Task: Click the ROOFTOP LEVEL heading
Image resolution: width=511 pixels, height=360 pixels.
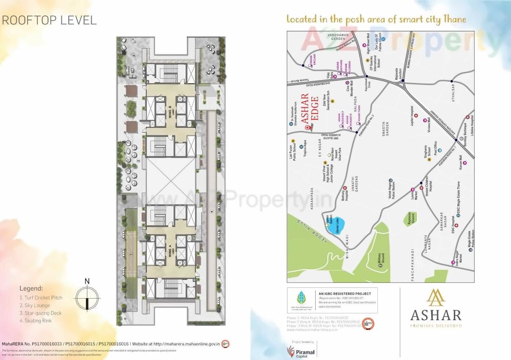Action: (x=49, y=20)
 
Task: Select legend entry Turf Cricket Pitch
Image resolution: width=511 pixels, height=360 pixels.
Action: (x=41, y=297)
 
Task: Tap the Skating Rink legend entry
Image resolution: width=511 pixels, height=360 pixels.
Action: (x=35, y=321)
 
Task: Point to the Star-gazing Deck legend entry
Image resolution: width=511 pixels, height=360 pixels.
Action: (x=40, y=313)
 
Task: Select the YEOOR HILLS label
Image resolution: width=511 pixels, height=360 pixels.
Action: (x=316, y=232)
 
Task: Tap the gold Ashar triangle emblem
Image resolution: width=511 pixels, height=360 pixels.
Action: (x=436, y=297)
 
